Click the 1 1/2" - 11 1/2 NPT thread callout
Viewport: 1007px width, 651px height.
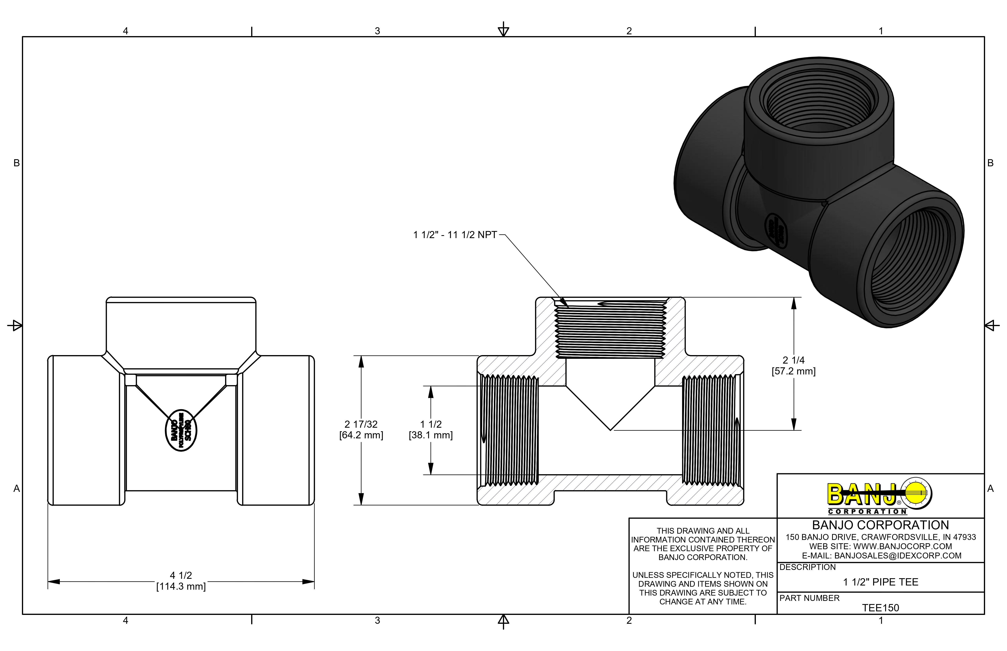(455, 235)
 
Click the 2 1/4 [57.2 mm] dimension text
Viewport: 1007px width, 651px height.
(793, 366)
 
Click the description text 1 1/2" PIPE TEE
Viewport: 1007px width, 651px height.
(880, 582)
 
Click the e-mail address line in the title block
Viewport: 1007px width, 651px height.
(881, 556)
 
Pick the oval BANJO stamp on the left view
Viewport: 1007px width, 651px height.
(181, 430)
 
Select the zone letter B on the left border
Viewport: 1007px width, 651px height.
(17, 163)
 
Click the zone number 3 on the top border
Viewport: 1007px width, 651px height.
(377, 31)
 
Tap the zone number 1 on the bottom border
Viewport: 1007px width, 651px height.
(881, 621)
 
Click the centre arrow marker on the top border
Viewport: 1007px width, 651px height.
(503, 30)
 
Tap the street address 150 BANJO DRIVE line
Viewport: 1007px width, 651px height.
(880, 537)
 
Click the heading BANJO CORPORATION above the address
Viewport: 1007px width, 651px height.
(880, 525)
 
